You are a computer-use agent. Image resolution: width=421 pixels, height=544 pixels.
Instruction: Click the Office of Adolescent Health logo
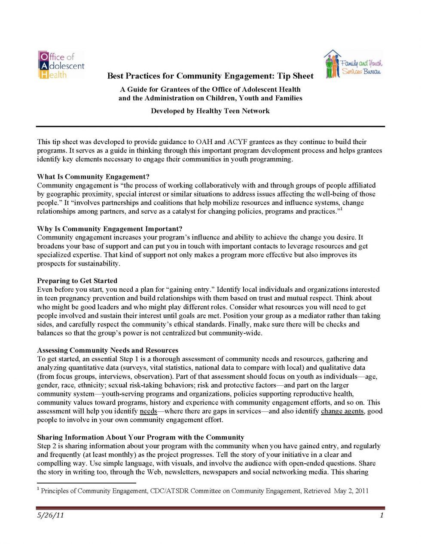coord(61,65)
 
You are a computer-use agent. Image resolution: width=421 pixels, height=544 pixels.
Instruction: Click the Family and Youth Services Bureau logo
coord(353,64)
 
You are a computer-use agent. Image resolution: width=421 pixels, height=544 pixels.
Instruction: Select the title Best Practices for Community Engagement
coord(210,76)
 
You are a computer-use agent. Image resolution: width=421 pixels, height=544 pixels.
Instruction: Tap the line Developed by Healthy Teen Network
coord(210,111)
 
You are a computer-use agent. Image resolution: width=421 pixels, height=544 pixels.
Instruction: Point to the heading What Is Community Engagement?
coord(93,177)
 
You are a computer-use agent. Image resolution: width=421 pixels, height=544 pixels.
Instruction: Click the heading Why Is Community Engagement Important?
coord(110,229)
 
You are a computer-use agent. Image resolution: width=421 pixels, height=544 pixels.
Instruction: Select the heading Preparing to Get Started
coord(77,281)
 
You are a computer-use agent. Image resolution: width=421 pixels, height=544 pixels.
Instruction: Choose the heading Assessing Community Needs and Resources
coord(107,350)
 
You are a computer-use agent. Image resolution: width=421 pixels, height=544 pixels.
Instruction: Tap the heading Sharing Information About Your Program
coord(140,437)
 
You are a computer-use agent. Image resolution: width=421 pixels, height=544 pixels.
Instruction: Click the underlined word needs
coord(148,411)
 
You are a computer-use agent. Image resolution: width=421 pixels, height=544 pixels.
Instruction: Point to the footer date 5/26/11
coord(50,515)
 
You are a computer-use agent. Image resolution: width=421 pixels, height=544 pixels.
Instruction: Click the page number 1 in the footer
coord(381,515)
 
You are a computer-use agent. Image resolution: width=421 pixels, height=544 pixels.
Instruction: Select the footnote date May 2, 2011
coord(351,491)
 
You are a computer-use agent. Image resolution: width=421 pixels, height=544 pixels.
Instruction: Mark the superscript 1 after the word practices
coord(341,209)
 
